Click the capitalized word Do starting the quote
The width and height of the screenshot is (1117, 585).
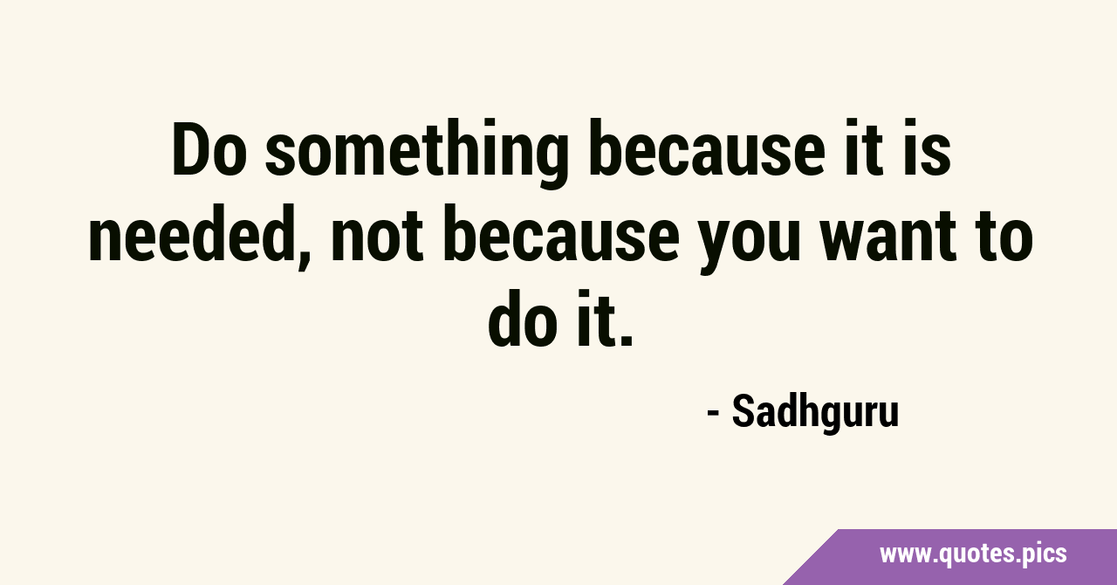210,148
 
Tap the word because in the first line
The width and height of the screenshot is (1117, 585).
707,148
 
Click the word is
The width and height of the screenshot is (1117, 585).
930,148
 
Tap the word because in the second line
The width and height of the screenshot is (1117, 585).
561,232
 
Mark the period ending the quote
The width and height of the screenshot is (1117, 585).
627,340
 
